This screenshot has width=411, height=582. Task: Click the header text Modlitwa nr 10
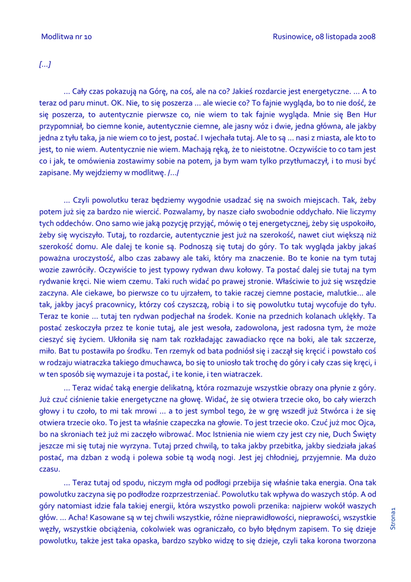pyautogui.click(x=66, y=37)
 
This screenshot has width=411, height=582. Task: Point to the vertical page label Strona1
pyautogui.click(x=393, y=517)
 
